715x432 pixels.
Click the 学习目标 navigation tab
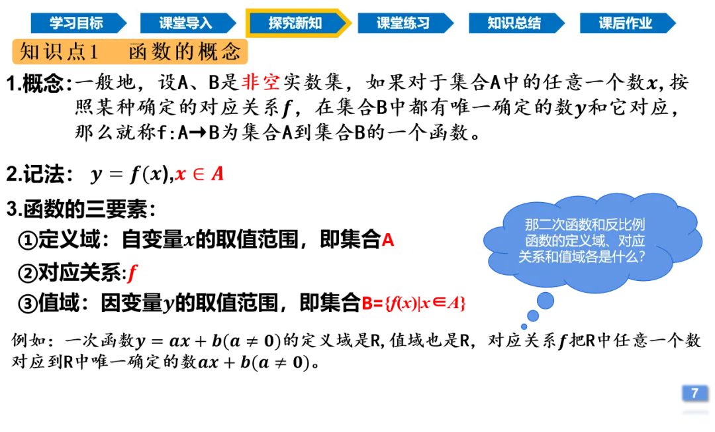point(76,23)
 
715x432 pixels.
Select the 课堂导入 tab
point(186,23)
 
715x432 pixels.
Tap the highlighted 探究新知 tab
point(295,23)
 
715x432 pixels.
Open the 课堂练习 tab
point(403,23)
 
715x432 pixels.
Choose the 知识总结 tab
point(514,23)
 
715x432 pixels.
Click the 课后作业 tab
point(626,23)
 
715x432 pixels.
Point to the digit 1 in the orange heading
point(93,52)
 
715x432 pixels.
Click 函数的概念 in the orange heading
point(185,52)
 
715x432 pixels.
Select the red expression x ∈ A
point(200,176)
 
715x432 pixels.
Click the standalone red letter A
point(388,239)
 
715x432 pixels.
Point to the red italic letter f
point(132,272)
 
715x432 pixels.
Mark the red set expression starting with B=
point(413,303)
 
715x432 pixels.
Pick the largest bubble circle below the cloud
point(545,301)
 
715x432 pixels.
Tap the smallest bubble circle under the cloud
point(524,326)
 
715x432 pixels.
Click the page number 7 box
point(694,393)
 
